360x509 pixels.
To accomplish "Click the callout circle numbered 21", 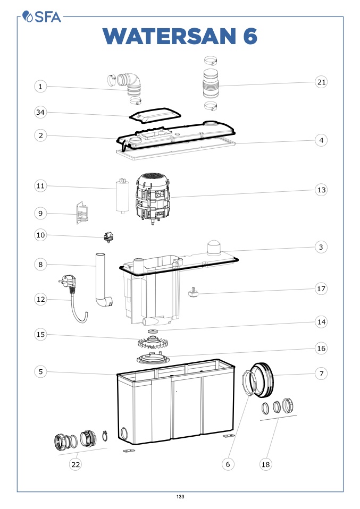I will [321, 82].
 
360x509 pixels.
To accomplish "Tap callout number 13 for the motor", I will [321, 190].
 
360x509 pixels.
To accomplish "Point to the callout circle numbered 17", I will [321, 289].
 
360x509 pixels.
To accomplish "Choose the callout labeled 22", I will [76, 464].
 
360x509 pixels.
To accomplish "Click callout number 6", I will [228, 464].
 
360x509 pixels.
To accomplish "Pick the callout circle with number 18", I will [266, 464].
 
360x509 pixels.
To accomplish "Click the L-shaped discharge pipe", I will [102, 282].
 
